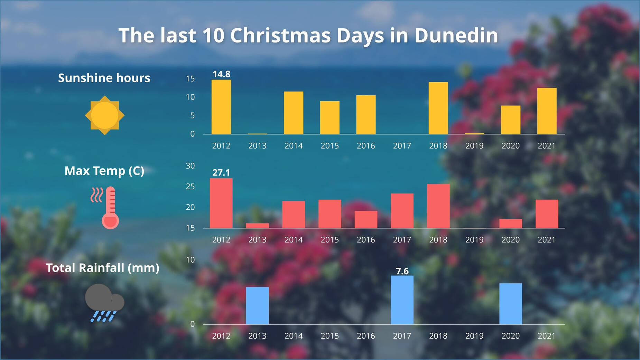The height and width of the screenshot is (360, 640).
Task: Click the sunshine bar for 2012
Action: [x=221, y=107]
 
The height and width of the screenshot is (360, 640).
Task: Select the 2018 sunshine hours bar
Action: [x=438, y=108]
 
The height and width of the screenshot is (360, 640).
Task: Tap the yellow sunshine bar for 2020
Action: [x=510, y=120]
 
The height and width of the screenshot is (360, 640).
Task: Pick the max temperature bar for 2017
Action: [x=402, y=210]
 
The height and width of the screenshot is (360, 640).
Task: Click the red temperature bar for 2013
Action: [x=257, y=226]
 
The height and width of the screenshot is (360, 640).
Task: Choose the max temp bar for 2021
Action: [x=547, y=214]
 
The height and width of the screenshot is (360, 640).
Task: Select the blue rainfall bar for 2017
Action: [x=402, y=300]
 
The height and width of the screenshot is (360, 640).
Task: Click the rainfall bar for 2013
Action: [x=257, y=305]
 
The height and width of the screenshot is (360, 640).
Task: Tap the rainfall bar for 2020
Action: [x=510, y=303]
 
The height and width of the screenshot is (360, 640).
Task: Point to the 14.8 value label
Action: [x=221, y=74]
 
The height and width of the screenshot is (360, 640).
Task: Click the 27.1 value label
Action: [x=221, y=172]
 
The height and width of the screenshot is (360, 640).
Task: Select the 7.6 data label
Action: [x=402, y=271]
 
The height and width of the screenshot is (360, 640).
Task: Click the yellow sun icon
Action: [x=104, y=115]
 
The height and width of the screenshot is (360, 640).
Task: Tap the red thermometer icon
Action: [x=109, y=208]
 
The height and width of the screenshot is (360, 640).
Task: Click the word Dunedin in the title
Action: [x=456, y=36]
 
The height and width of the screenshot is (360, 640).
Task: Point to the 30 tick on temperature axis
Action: [x=190, y=166]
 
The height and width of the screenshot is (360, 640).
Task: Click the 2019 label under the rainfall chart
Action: [x=474, y=336]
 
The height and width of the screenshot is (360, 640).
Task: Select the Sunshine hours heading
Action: [x=104, y=78]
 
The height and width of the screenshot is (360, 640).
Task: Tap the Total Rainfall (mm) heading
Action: [x=103, y=268]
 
